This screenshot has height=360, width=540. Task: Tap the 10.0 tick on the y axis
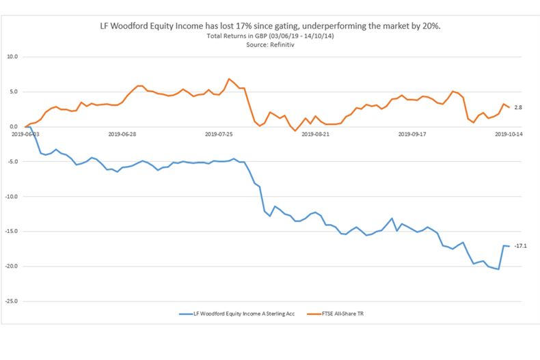coord(12,57)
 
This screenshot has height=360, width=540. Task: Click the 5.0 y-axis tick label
coord(14,92)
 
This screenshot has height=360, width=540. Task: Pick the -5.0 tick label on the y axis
coord(12,162)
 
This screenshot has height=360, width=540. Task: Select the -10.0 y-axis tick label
coord(12,197)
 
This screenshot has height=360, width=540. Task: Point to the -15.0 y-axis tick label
coord(12,232)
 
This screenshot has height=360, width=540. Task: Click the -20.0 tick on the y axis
coord(12,266)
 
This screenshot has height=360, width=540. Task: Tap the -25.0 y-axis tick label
coord(12,301)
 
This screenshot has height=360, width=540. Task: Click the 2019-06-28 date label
coord(123,135)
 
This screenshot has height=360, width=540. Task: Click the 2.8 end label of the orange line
coord(518,107)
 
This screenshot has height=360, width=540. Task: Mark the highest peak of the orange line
coord(229,79)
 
